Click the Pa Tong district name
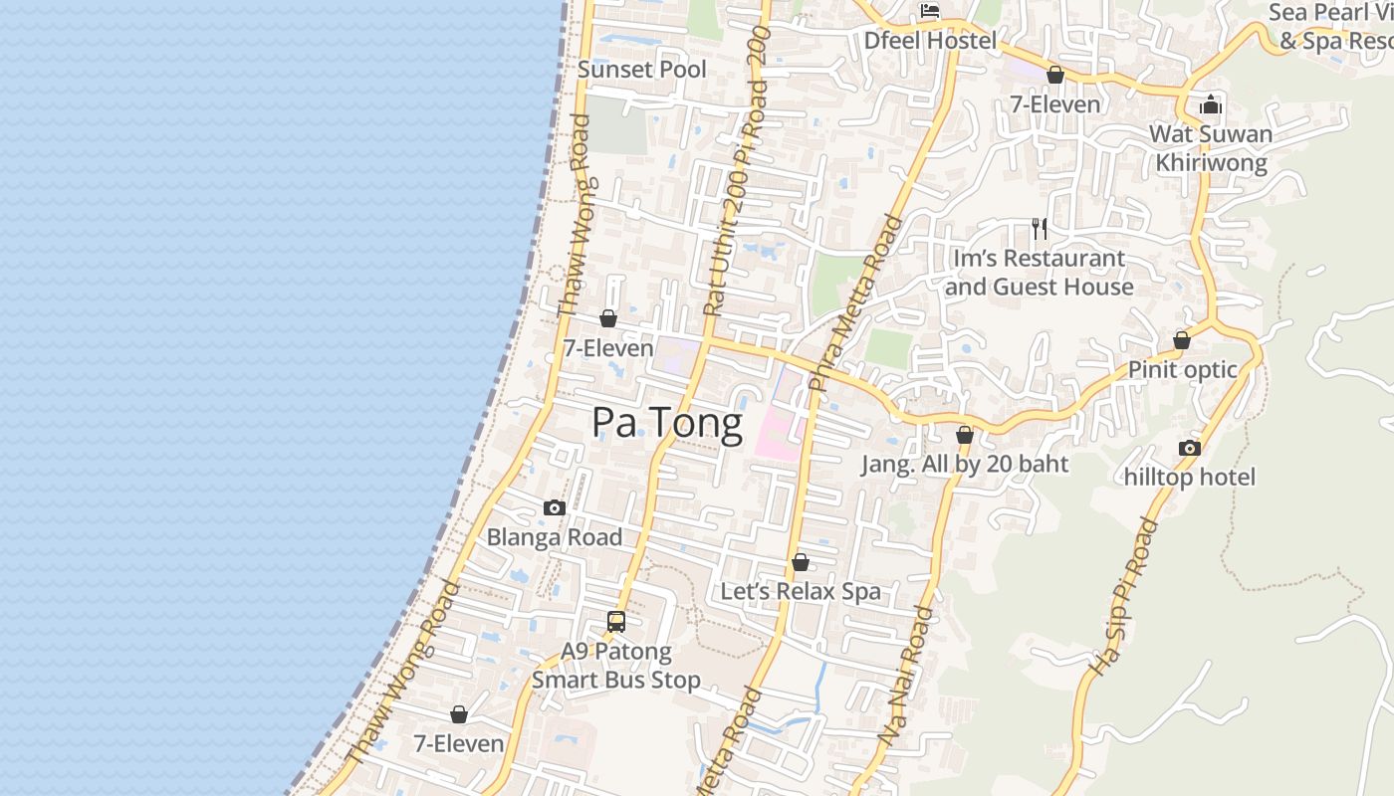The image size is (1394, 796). click(x=667, y=423)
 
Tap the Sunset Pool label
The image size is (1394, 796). click(x=642, y=70)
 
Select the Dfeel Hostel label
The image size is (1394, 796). click(x=930, y=41)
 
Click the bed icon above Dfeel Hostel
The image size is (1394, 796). click(x=930, y=12)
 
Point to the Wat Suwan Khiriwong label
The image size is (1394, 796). click(x=1211, y=148)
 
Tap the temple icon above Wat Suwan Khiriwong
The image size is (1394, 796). click(x=1211, y=104)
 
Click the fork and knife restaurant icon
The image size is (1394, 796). click(x=1040, y=229)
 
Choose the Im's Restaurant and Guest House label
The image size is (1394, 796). click(x=1040, y=273)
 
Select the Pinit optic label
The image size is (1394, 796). click(x=1182, y=370)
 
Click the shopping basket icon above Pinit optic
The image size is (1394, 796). click(x=1182, y=340)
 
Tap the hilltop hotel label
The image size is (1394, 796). click(x=1190, y=478)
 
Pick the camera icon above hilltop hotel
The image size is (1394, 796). click(x=1190, y=448)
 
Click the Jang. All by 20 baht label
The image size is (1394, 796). click(x=964, y=464)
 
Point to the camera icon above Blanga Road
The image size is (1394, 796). click(x=555, y=508)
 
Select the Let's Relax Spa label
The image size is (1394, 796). click(x=801, y=592)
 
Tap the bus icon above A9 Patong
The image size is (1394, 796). click(x=616, y=622)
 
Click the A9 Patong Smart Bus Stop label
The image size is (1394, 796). click(x=616, y=667)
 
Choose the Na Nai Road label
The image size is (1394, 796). click(x=907, y=677)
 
